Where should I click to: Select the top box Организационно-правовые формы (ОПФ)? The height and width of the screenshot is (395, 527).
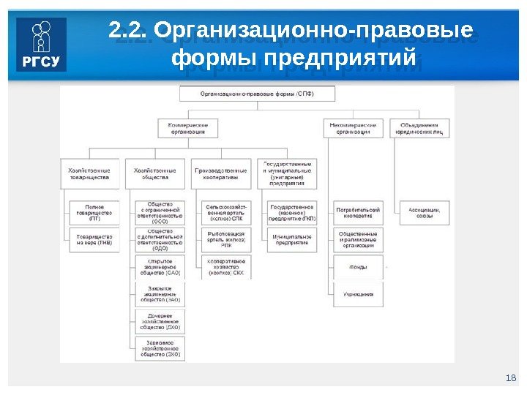click(258, 94)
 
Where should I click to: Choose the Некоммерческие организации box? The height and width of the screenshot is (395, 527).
click(353, 128)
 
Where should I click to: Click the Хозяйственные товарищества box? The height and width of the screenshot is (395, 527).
click(89, 173)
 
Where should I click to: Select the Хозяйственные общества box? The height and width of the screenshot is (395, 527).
click(155, 173)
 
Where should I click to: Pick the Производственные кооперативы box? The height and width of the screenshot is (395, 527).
click(221, 173)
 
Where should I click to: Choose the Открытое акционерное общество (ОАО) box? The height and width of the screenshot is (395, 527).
click(160, 266)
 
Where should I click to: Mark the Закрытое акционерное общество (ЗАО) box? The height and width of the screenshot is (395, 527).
click(160, 294)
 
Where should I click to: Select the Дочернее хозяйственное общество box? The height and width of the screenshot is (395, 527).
click(160, 320)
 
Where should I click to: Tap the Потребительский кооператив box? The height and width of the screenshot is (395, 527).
click(358, 213)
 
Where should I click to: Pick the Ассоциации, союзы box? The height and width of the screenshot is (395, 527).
click(424, 213)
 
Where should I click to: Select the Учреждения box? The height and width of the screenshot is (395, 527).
click(358, 294)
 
